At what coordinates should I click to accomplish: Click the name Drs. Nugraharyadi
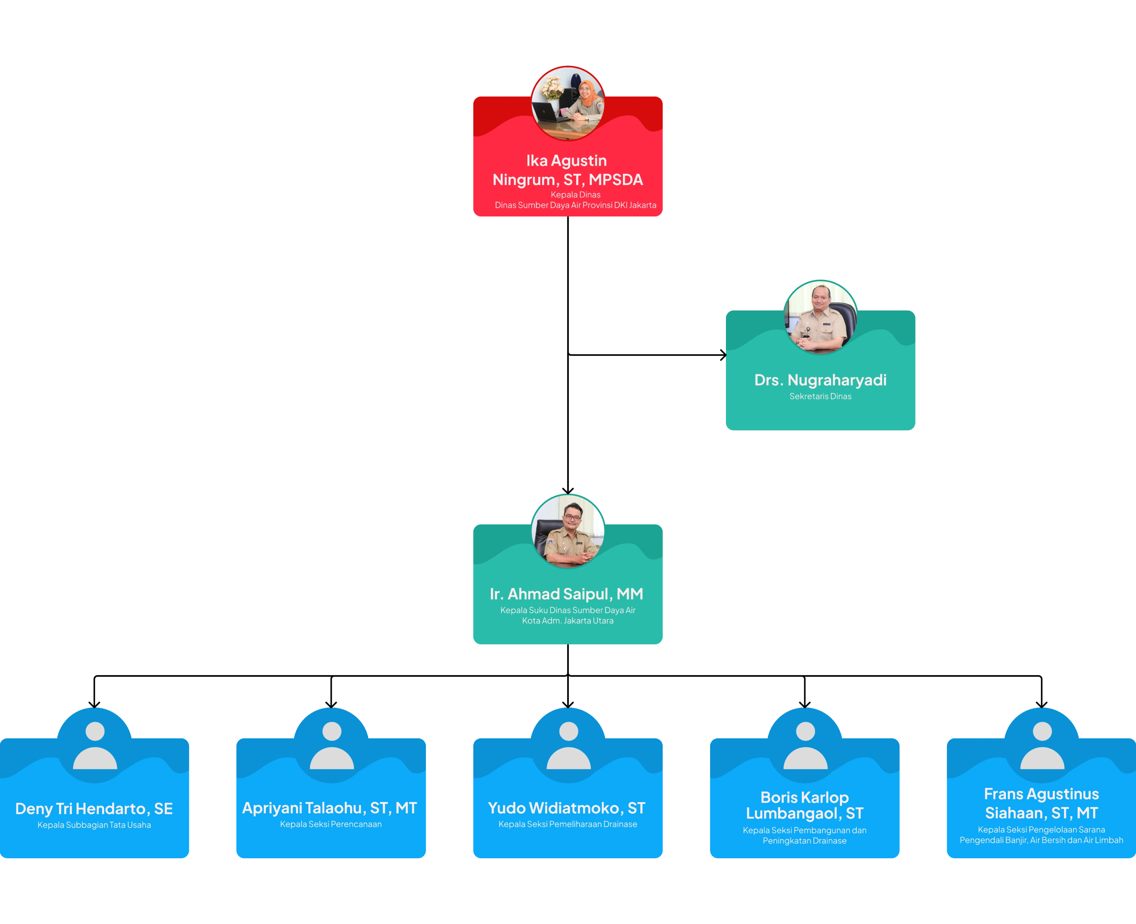pos(820,380)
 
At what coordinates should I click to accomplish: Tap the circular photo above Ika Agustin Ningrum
pos(568,103)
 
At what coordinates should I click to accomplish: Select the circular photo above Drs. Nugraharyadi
pos(820,317)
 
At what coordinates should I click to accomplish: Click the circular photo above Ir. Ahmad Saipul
pos(568,531)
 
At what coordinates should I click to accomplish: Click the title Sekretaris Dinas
pos(820,396)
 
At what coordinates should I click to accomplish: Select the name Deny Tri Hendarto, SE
pos(94,809)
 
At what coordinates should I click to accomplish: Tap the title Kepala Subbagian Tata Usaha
pos(94,825)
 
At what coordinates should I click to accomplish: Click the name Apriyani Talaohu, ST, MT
pos(330,808)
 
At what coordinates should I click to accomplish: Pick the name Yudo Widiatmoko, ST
pos(566,808)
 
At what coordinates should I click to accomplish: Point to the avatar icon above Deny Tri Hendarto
pos(95,745)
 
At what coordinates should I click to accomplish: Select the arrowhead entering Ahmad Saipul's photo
pos(568,491)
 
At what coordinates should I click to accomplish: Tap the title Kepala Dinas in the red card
pos(575,195)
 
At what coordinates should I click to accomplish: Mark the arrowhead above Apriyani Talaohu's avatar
pos(331,705)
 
